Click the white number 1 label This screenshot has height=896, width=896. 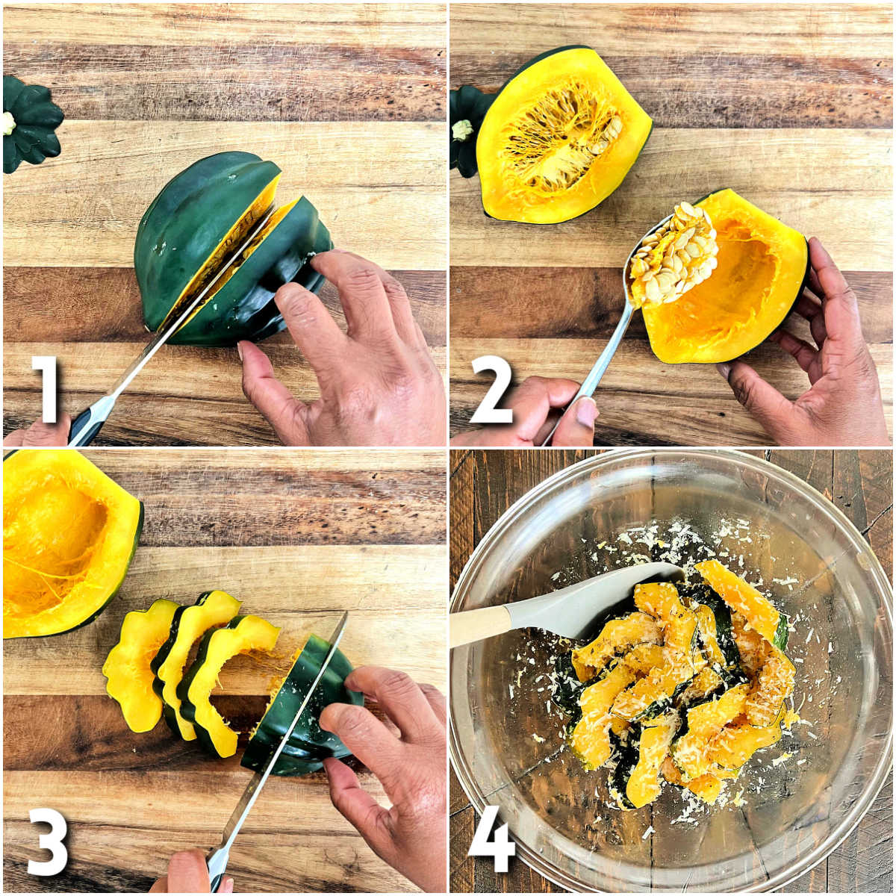coord(46,389)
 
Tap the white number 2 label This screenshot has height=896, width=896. coord(491,389)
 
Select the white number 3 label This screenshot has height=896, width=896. coord(47,841)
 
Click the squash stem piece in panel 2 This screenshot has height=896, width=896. coord(464,130)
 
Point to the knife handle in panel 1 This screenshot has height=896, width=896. coord(88,422)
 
